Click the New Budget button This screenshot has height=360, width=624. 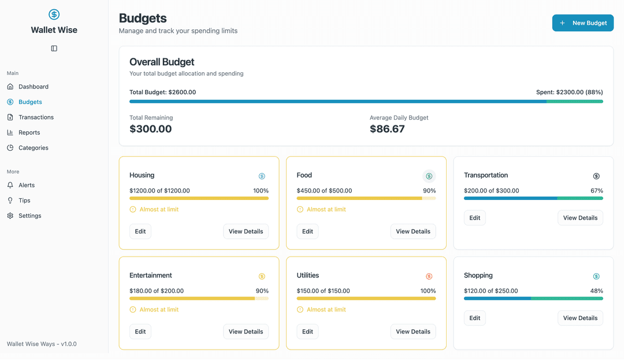582,23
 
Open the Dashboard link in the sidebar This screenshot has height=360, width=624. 33,87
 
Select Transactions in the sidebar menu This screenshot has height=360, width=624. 36,117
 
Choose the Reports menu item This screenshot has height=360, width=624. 29,132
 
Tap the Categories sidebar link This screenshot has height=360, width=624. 33,148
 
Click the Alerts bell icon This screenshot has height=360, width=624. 10,185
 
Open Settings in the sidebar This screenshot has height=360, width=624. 29,216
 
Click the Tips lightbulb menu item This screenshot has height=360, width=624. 24,201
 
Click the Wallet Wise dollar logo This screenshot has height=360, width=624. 54,14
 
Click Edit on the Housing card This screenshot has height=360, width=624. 140,231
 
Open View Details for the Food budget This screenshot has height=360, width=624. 413,231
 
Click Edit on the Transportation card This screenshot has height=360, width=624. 474,218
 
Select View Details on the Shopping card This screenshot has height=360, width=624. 580,318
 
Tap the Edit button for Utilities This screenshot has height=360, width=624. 307,332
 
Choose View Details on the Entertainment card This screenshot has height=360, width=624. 246,332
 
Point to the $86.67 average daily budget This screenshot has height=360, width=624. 387,129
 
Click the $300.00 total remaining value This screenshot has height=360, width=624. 150,129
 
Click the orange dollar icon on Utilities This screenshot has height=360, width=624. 429,276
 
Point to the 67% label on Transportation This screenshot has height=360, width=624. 596,191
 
